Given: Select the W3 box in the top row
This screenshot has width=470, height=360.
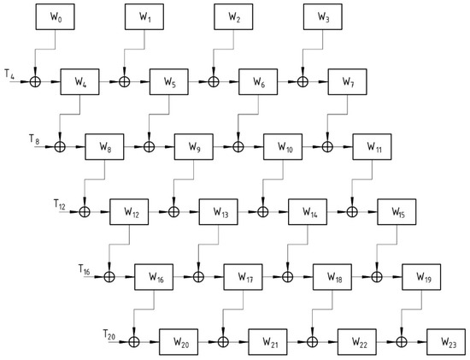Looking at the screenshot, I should tap(323, 16).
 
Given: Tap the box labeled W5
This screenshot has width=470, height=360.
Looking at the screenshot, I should tap(170, 83).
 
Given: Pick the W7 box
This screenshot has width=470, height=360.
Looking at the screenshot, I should tap(348, 83).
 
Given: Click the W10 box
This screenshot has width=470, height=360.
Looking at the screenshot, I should tap(285, 146).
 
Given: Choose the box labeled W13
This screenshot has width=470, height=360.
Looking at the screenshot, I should tap(220, 210).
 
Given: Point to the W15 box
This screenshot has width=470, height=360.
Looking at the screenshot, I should tap(397, 210).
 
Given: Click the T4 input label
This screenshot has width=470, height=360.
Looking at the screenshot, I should tap(9, 75).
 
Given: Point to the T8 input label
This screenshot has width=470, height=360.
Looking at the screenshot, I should tap(33, 139).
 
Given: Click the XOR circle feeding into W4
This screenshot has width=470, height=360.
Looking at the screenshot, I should tap(35, 83).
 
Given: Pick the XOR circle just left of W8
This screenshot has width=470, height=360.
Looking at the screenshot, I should tap(60, 146).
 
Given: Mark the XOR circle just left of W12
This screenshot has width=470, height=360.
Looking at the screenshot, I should tap(85, 210).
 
